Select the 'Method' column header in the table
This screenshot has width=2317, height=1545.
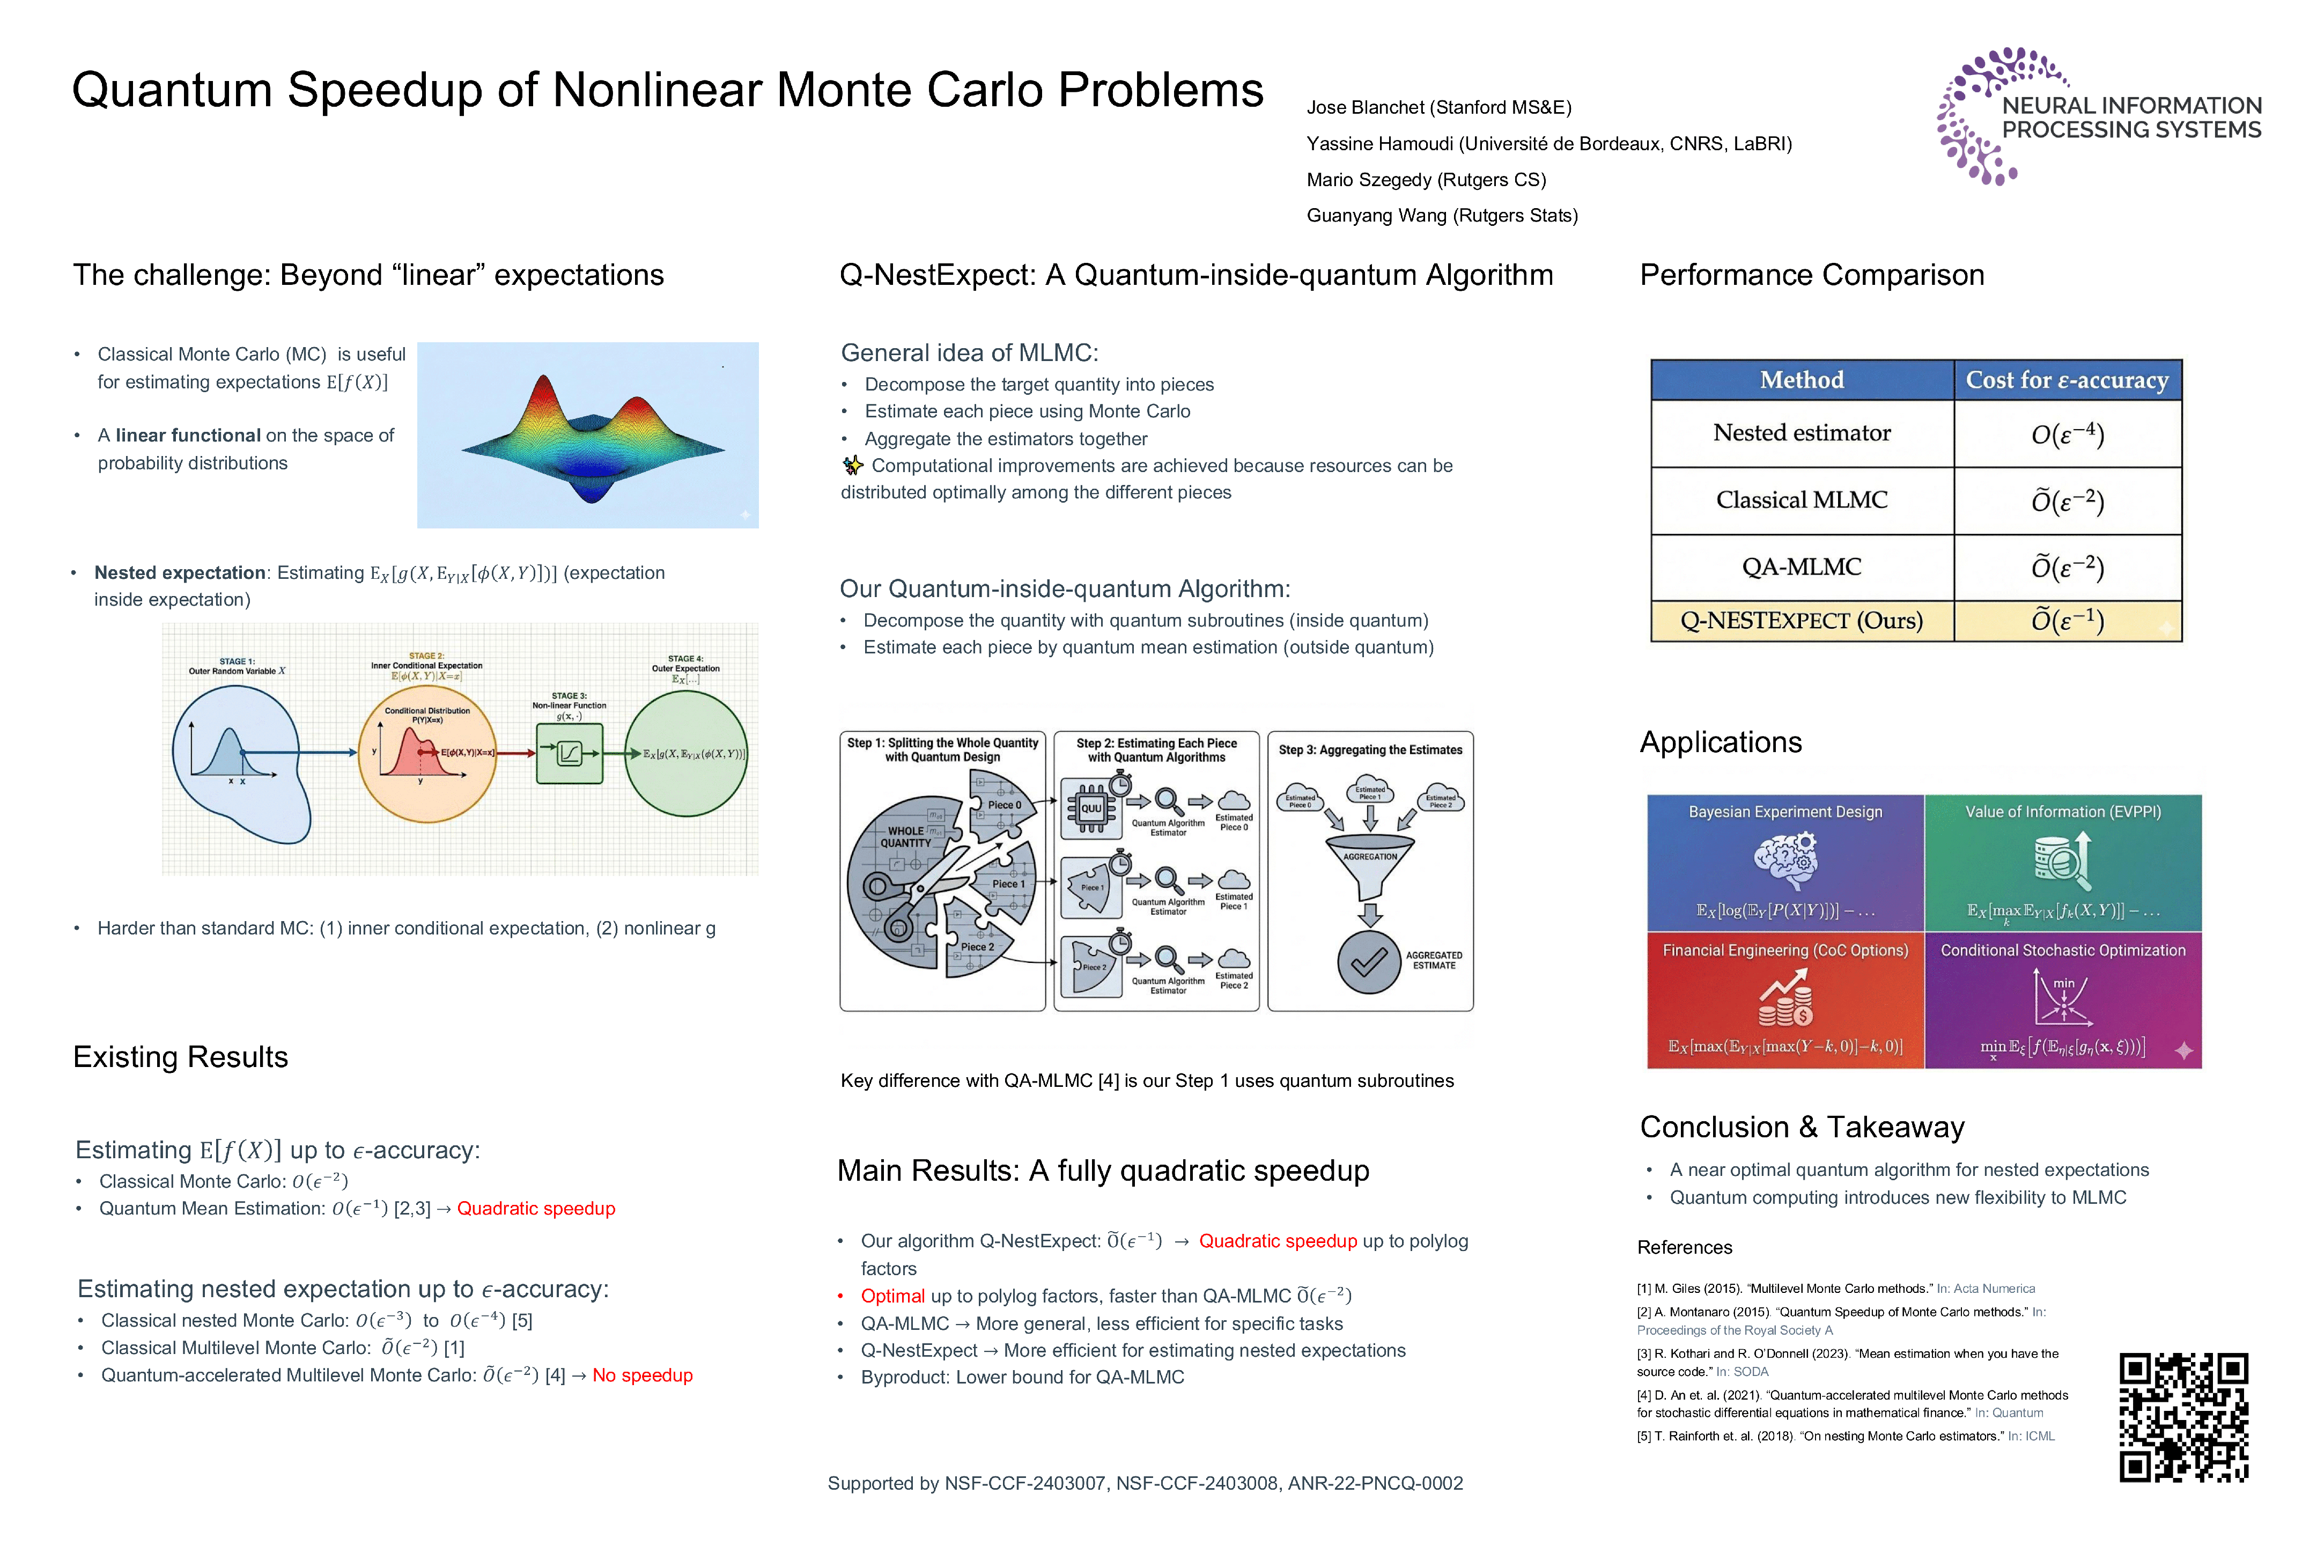[x=1802, y=380]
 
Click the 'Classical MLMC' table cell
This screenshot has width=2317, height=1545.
[x=1802, y=501]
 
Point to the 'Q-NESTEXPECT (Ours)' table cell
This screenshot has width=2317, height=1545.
[x=1802, y=621]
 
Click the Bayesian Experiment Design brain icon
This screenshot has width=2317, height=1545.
[x=1785, y=860]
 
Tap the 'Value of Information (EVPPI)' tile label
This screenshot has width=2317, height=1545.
[x=2063, y=812]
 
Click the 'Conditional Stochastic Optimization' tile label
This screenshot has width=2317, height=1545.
[x=2063, y=951]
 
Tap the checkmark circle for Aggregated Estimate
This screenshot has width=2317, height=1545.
[x=1368, y=962]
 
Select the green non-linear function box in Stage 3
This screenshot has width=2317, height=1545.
[x=570, y=754]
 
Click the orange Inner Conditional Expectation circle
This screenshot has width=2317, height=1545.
[x=427, y=754]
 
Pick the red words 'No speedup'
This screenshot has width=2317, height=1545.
[x=643, y=1375]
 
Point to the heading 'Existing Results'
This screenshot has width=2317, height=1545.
[x=180, y=1057]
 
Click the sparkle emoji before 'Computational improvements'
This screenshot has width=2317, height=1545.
[x=853, y=466]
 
